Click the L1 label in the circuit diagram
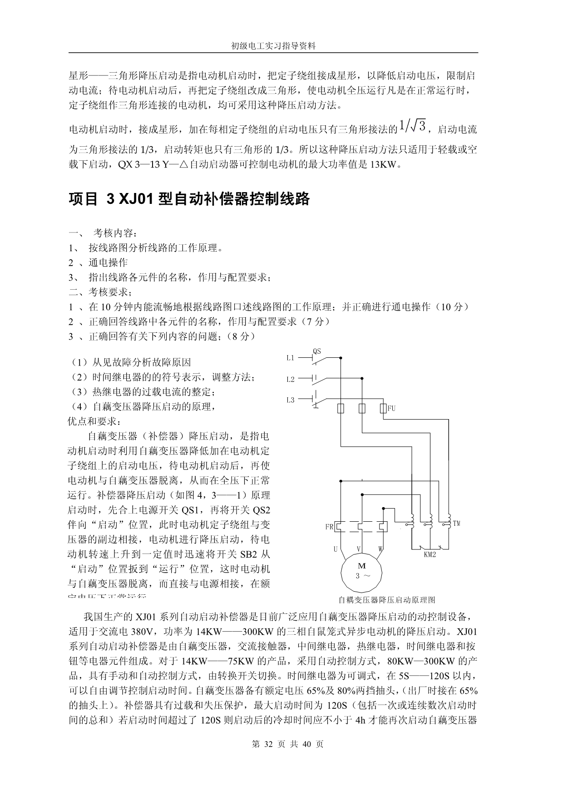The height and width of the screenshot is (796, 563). pos(290,358)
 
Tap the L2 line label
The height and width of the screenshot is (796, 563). pos(290,379)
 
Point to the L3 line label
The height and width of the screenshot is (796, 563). pos(290,400)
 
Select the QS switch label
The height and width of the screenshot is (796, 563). pos(317,351)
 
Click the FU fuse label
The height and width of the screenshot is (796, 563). pos(391,408)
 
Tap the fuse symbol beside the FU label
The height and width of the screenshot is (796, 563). pos(383,409)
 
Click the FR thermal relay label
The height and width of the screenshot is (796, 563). pos(329,527)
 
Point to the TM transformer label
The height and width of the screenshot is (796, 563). pos(456,524)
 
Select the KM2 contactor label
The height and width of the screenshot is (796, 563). pos(430,554)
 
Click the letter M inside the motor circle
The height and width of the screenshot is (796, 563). pos(362,566)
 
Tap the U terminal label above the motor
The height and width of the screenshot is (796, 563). pos(336,549)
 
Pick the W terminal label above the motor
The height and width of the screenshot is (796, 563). pos(380,549)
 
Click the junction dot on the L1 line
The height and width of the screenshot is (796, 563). pos(341,358)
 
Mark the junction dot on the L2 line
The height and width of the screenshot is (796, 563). pos(362,378)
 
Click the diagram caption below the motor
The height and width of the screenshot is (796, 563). pos(386,599)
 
